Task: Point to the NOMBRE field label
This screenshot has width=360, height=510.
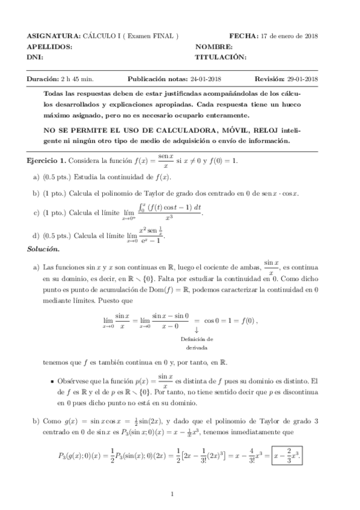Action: [x=213, y=46]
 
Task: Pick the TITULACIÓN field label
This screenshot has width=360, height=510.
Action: [x=221, y=57]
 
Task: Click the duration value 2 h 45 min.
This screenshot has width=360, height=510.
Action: [x=77, y=79]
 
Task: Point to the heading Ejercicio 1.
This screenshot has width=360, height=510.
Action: [x=46, y=161]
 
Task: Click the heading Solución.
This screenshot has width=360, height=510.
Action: [x=43, y=249]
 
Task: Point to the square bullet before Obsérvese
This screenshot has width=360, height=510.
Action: [x=53, y=381]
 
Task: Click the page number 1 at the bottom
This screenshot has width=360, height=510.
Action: [x=172, y=495]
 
